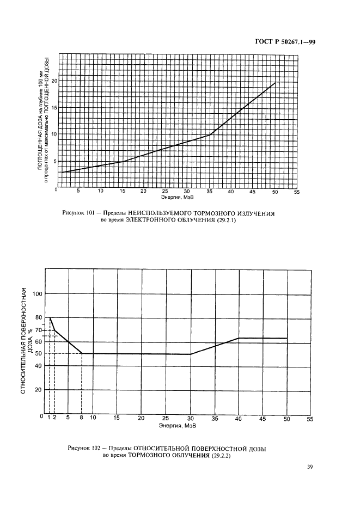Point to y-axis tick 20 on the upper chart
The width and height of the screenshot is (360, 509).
(x=54, y=81)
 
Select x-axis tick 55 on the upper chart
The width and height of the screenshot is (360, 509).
(x=296, y=192)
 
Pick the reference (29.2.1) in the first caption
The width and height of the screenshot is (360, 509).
(x=226, y=221)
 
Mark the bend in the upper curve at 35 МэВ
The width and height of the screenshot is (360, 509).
(x=209, y=135)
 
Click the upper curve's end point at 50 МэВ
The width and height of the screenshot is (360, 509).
(x=275, y=83)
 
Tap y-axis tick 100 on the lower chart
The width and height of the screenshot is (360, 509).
(x=38, y=294)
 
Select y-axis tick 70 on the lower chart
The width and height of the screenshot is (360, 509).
(x=39, y=330)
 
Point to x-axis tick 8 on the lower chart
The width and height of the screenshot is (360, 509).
(x=82, y=418)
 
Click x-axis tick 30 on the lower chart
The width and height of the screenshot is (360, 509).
(x=190, y=418)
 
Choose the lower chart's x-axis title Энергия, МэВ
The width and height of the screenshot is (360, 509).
(x=176, y=425)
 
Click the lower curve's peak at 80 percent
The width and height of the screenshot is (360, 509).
(x=50, y=318)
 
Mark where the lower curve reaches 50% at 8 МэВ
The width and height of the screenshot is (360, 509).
(x=82, y=353)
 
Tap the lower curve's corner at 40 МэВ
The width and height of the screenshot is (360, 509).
(x=239, y=338)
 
